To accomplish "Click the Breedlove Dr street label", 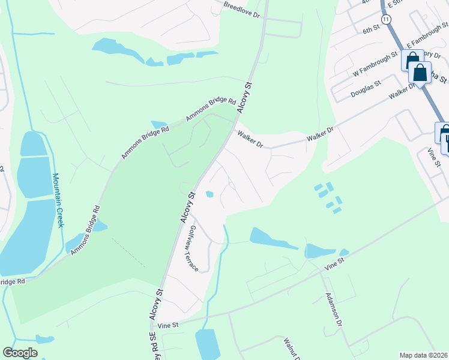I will click(x=243, y=8).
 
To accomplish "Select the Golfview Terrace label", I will click(x=193, y=248).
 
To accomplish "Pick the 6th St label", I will click(x=372, y=29).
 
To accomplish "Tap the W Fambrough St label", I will click(x=376, y=64).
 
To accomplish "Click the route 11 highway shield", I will click(x=385, y=20).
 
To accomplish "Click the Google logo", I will click(x=20, y=353).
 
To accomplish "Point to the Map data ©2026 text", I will click(x=423, y=355).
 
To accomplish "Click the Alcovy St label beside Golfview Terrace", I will click(x=188, y=207).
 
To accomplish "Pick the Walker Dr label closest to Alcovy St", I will click(x=250, y=140).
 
